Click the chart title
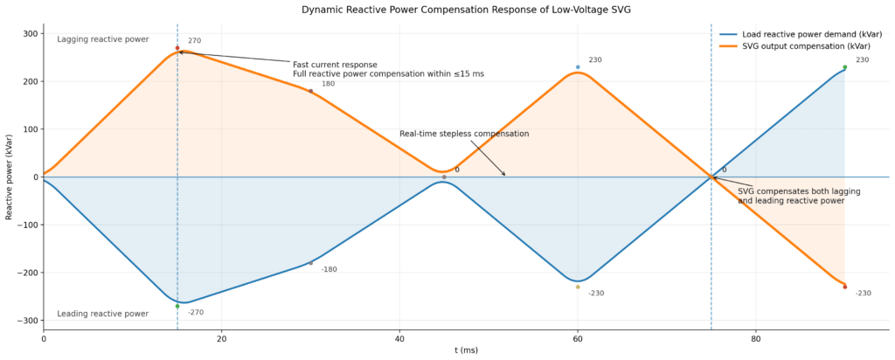[466, 10]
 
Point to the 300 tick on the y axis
[30, 34]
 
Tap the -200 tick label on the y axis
[27, 273]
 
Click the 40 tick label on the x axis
[399, 339]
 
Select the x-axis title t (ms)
[466, 350]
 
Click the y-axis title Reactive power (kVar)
[9, 177]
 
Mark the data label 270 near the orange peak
[194, 40]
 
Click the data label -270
[196, 312]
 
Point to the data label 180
[328, 84]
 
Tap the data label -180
[329, 269]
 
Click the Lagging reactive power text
[103, 39]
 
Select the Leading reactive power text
[103, 314]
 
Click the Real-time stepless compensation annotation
[464, 134]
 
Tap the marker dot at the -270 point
[177, 306]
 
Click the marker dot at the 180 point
[310, 91]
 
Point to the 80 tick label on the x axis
[756, 339]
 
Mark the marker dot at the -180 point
[310, 263]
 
